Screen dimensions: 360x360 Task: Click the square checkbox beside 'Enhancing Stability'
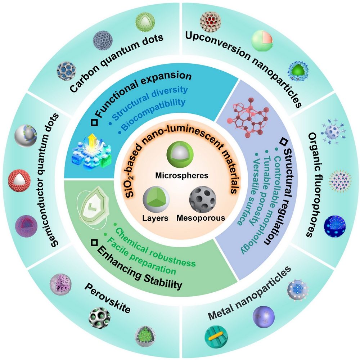(x=94, y=244)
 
